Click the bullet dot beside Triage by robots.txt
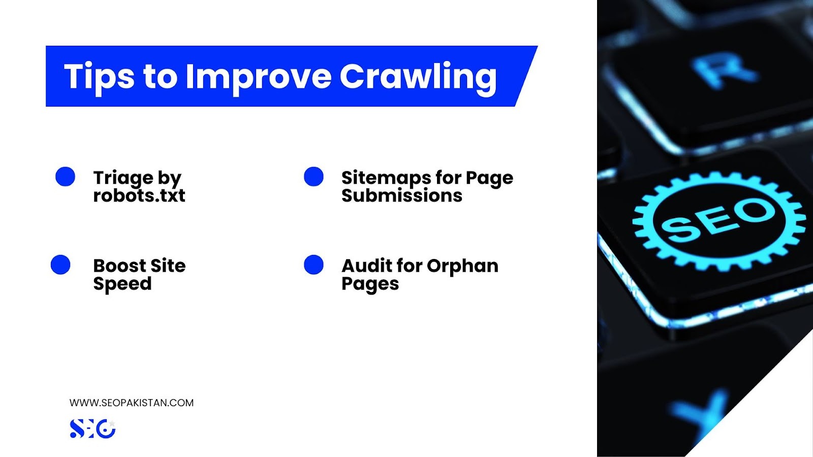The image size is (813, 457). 66,177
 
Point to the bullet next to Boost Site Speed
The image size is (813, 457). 60,265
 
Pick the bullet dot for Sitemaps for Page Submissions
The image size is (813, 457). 314,177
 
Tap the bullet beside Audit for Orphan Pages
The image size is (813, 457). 314,265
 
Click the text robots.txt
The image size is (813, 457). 139,195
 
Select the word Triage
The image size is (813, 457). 123,178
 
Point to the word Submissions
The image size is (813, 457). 402,195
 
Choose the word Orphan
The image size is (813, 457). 462,267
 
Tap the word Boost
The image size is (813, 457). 119,266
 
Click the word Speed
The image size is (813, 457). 122,284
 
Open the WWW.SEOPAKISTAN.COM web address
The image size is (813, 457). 132,403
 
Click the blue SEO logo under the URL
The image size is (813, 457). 92,429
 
